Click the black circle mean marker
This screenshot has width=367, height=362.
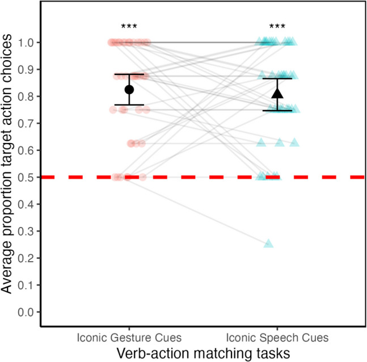tap(129, 90)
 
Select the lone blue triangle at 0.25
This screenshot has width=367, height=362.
tap(269, 244)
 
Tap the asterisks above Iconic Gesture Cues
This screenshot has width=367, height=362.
tap(129, 27)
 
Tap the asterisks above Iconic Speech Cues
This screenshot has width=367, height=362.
tap(277, 27)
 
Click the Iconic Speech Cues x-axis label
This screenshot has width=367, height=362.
tap(277, 338)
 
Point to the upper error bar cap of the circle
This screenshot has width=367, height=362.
tap(129, 74)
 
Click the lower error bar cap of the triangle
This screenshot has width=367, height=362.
tap(277, 111)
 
